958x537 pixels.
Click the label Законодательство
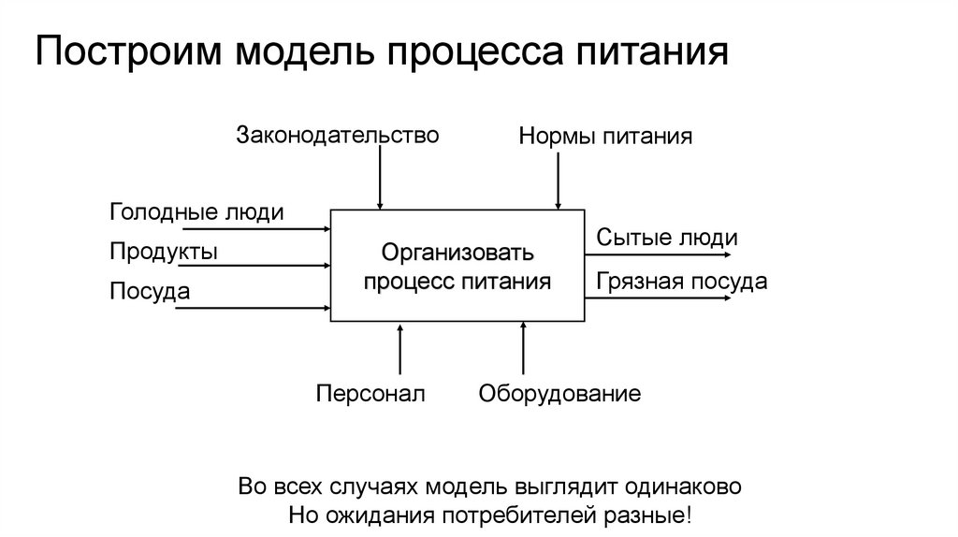337,135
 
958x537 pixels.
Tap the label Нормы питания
605,138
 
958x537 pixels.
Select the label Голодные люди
196,212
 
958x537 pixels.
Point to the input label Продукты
164,251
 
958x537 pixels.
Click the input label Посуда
150,291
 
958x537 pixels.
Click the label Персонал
370,393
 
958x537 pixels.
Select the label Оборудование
559,393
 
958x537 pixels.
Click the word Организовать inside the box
457,253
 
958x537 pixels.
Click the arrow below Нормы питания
559,180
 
